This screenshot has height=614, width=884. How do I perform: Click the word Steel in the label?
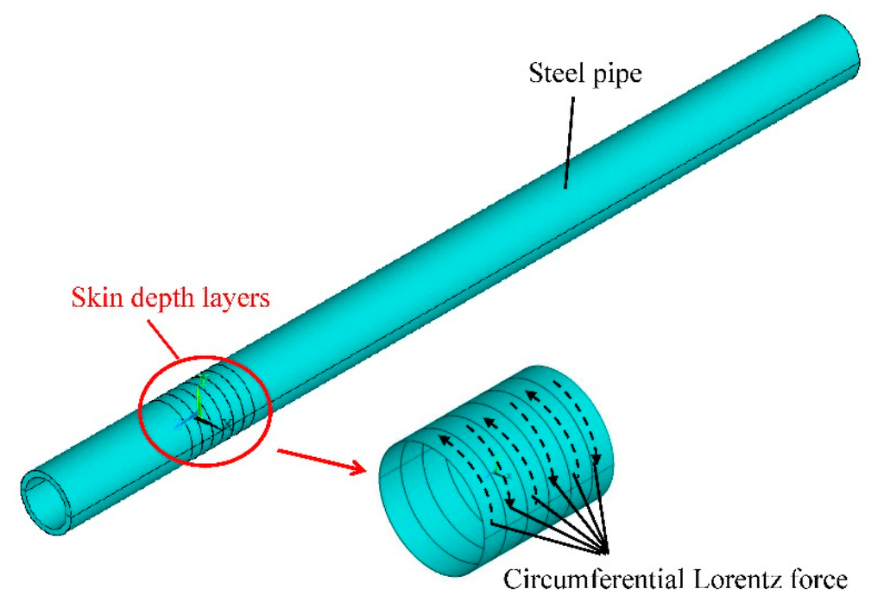(x=553, y=74)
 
